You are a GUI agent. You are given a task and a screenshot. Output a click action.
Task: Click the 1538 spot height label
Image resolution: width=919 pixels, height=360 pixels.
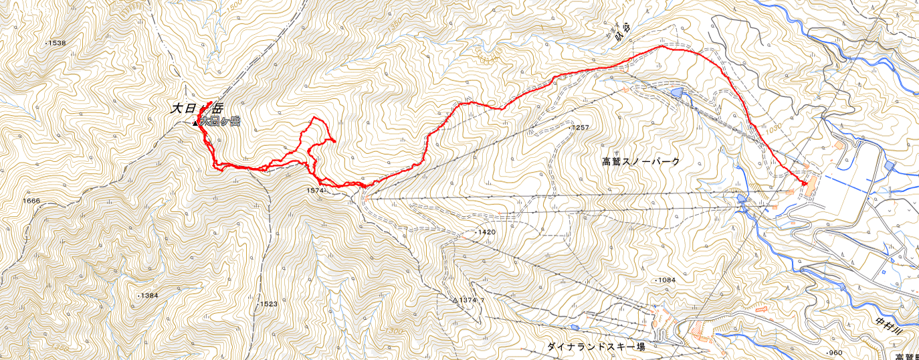point(57,43)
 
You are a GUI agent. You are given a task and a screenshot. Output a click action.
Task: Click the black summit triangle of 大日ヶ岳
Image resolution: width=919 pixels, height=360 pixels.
point(195,123)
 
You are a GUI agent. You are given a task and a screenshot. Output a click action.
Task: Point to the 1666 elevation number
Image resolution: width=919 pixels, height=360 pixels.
point(31,201)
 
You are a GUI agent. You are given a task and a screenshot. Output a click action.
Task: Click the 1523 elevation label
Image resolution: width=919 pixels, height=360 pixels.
point(268,304)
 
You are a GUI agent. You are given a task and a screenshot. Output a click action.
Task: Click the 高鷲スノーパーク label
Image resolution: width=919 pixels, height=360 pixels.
point(641,161)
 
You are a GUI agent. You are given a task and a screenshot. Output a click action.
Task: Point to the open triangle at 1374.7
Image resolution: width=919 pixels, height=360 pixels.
point(455,300)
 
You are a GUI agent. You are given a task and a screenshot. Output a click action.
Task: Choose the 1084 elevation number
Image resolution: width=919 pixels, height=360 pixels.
point(667,280)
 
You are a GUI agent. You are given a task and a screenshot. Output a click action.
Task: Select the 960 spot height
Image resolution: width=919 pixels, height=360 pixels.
point(834,353)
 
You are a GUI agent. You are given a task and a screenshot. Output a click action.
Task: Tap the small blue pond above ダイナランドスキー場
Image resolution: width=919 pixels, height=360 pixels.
point(574,327)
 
